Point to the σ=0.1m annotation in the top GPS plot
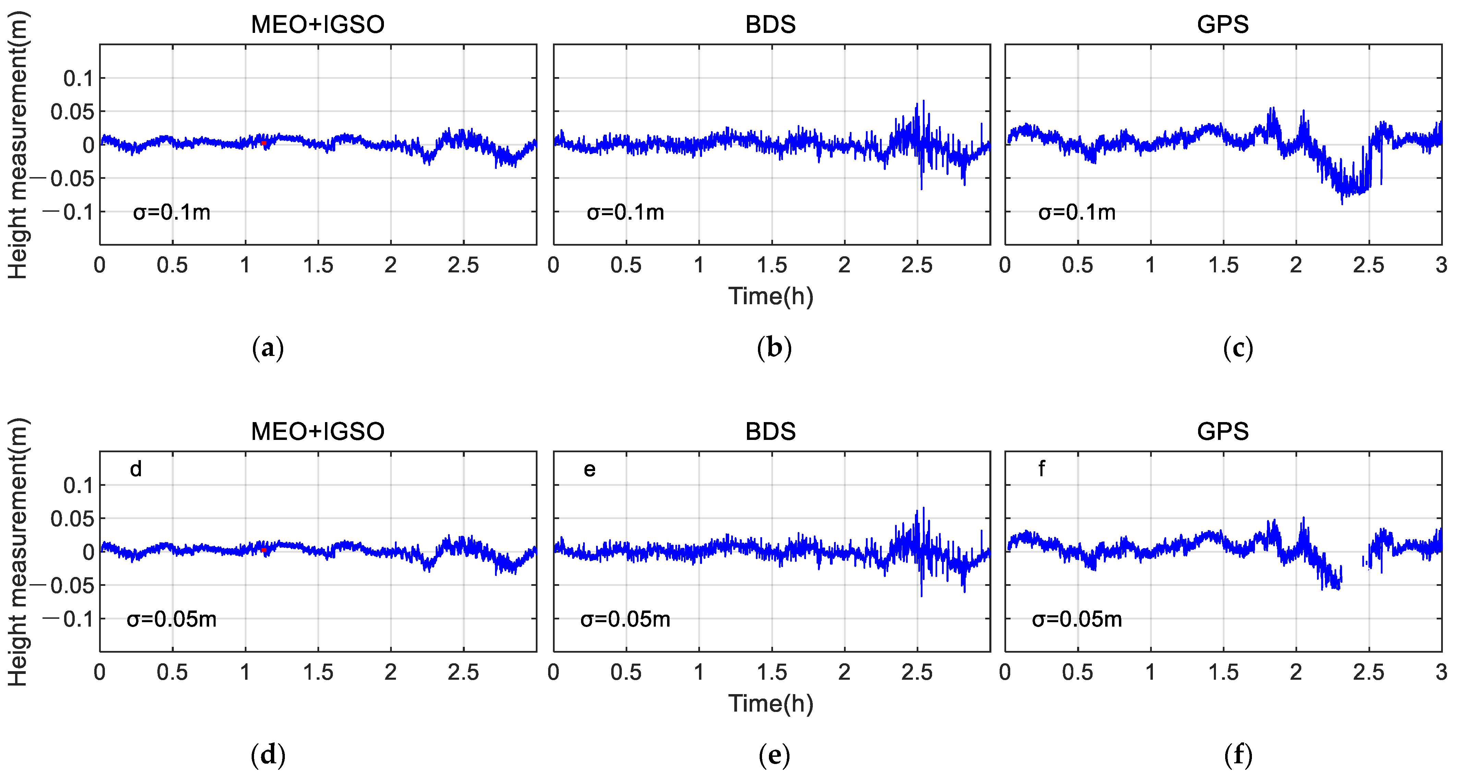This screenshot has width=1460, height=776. pyautogui.click(x=1077, y=212)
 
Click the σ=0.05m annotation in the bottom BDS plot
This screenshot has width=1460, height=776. pyautogui.click(x=625, y=619)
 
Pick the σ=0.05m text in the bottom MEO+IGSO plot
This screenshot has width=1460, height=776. pyautogui.click(x=172, y=619)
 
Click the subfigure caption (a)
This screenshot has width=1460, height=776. pyautogui.click(x=267, y=348)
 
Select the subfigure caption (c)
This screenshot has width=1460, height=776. pyautogui.click(x=1238, y=348)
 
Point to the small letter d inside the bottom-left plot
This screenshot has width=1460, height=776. pyautogui.click(x=136, y=469)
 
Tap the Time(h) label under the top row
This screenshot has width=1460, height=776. pyautogui.click(x=771, y=296)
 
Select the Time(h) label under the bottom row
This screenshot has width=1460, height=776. pyautogui.click(x=771, y=703)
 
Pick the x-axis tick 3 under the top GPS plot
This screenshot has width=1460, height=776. pyautogui.click(x=1441, y=265)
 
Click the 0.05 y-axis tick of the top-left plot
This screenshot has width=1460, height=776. pyautogui.click(x=72, y=112)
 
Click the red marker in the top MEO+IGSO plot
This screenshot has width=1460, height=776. pyautogui.click(x=264, y=143)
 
